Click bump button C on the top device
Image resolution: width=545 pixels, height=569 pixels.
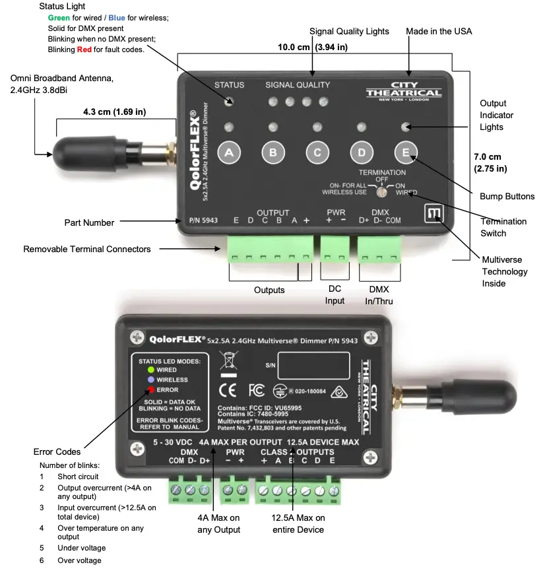(x=317, y=152)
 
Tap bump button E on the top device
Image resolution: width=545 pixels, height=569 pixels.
(x=406, y=152)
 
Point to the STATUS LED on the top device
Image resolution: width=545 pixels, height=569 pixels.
(x=230, y=101)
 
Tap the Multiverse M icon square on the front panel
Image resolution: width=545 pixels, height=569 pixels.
(x=433, y=214)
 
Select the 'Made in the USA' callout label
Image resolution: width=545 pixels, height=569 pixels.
(x=439, y=31)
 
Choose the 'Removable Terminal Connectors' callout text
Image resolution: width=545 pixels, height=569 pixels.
(x=86, y=249)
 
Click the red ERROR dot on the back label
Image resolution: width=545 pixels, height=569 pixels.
(x=151, y=390)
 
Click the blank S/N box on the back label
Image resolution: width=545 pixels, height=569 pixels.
(x=313, y=364)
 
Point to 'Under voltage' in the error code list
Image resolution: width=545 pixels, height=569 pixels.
(x=81, y=548)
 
